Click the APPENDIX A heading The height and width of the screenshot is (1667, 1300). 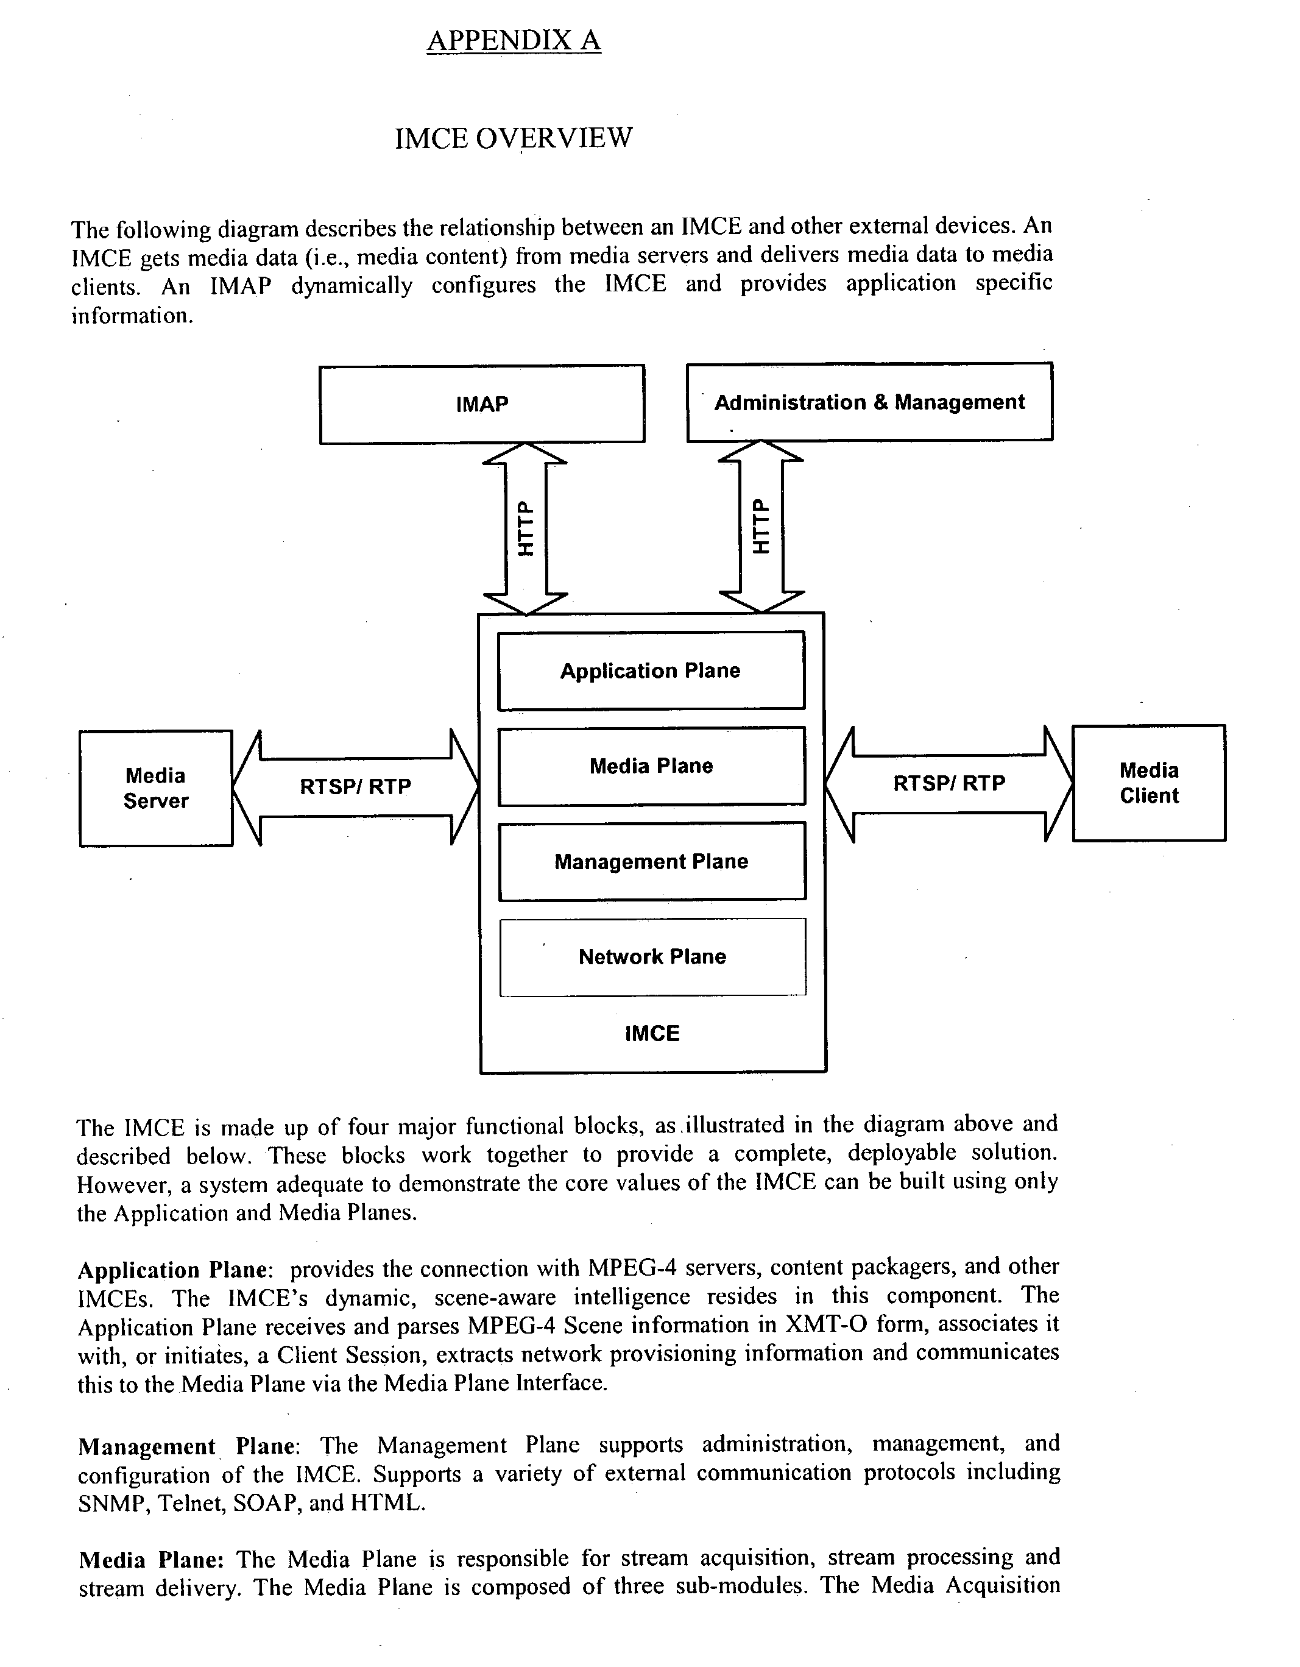[514, 40]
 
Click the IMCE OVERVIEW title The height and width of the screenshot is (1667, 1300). [513, 138]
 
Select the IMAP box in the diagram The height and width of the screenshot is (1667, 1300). [481, 403]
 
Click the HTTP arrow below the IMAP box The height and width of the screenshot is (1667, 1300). [526, 528]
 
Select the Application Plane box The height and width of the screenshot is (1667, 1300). [651, 670]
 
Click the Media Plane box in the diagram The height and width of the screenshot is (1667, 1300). [651, 766]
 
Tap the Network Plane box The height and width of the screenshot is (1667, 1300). [652, 956]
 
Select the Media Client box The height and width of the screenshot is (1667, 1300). [1148, 783]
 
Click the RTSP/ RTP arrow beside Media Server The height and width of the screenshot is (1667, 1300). [355, 787]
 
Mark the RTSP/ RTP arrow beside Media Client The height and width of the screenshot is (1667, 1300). [949, 783]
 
